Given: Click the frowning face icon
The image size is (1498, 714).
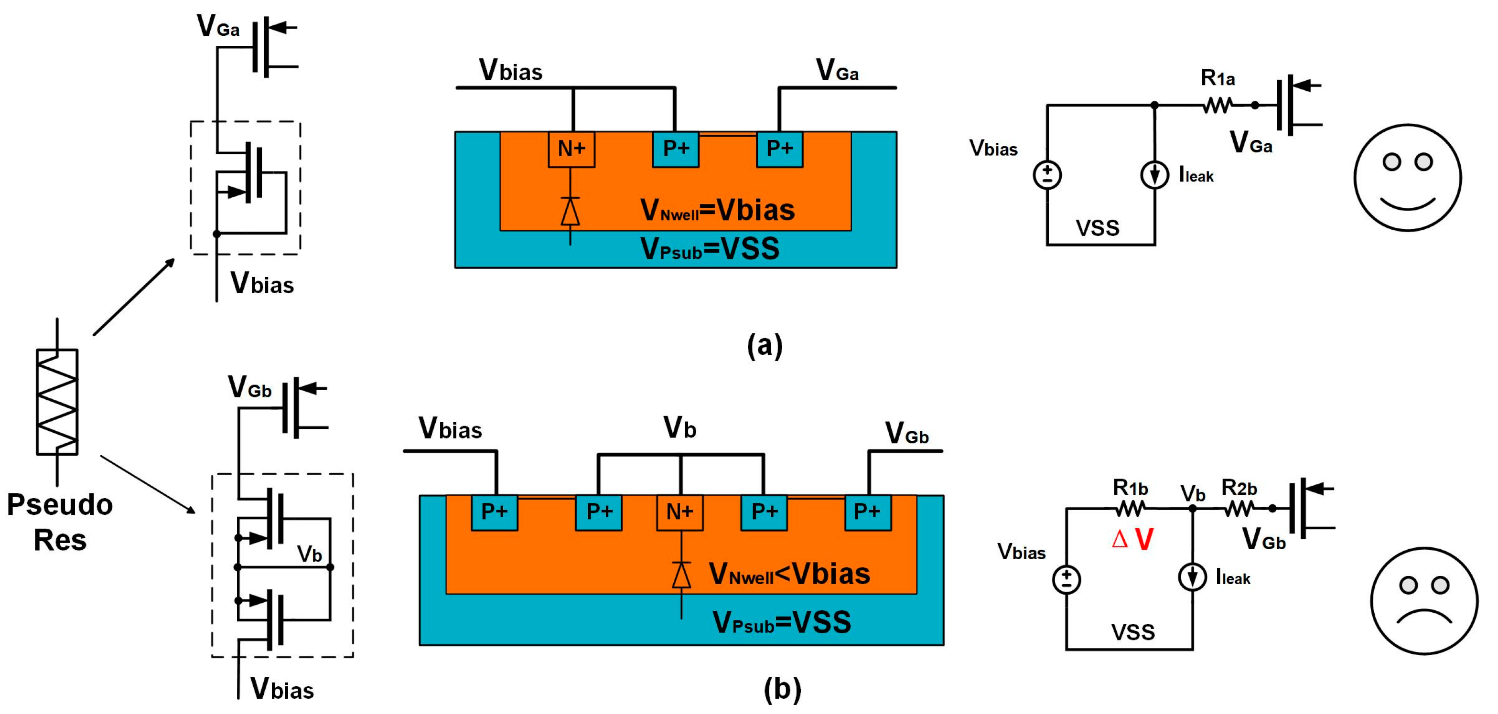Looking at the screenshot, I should (x=1424, y=600).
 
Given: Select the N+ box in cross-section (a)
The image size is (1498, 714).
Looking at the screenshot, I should (x=571, y=149).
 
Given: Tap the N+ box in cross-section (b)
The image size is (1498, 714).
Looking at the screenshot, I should (x=679, y=512).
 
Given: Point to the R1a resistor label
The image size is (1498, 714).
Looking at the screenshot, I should (x=1218, y=78).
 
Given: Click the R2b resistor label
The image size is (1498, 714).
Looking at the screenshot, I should (x=1239, y=488).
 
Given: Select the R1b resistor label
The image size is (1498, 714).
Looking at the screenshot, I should (x=1130, y=487).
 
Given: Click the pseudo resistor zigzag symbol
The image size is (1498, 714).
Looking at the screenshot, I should (x=57, y=401).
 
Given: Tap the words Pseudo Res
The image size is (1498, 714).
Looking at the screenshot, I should (x=59, y=522).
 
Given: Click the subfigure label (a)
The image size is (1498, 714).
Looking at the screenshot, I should (x=765, y=345).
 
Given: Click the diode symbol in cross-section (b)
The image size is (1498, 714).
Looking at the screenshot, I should (x=681, y=575).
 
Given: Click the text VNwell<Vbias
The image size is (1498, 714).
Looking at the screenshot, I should (x=789, y=575).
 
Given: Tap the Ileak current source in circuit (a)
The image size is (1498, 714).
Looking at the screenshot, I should (x=1154, y=175).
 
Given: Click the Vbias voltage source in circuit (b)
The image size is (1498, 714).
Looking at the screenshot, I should (x=1067, y=579).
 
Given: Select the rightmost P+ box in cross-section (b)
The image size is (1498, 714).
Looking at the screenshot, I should (x=867, y=512).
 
